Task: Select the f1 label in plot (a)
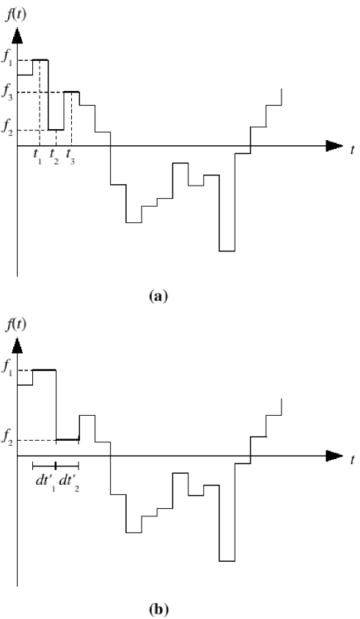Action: pos(7,60)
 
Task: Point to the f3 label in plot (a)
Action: pos(7,92)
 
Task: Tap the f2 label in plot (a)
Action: pos(7,131)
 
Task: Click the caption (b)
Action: pos(158,608)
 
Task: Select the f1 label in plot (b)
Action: pos(7,370)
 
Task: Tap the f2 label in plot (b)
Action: pos(7,441)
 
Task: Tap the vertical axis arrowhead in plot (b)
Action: pos(17,345)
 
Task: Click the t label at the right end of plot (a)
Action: pos(353,150)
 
